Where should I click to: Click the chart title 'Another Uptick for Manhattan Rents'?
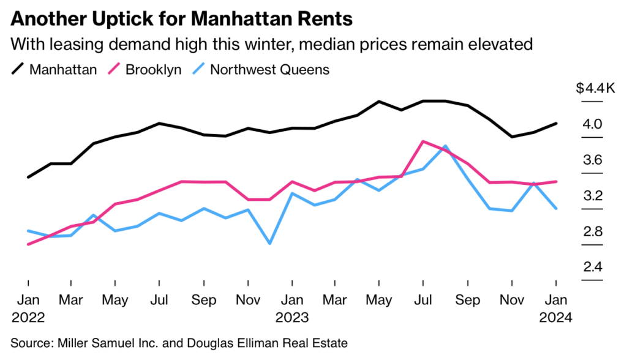coord(181,18)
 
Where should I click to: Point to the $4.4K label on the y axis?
coord(595,89)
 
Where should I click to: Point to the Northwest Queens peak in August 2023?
coord(445,146)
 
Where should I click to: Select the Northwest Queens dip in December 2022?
coord(269,244)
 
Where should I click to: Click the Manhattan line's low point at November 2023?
coord(512,137)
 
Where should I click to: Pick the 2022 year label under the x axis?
coord(28,318)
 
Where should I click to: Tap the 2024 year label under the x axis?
coord(555,318)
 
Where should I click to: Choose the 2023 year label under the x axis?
coord(291,318)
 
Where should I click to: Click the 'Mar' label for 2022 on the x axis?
coord(72,301)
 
